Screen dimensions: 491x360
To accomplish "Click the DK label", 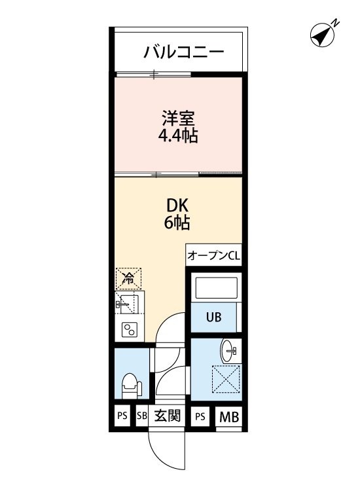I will [177, 205].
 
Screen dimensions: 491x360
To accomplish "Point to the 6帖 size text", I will [177, 223].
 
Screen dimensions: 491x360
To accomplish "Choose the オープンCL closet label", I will [213, 256].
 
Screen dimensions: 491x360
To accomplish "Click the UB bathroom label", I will [214, 318].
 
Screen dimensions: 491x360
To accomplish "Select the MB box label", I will [229, 416].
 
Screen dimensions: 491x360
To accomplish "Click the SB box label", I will [142, 416].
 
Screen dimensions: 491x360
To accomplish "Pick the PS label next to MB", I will [200, 416].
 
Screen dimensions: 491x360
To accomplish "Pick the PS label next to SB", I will [122, 416].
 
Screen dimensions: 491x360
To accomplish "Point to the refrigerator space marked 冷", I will [128, 278].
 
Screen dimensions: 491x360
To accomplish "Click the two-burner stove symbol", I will [128, 331].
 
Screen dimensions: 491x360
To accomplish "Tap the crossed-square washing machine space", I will [226, 380].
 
